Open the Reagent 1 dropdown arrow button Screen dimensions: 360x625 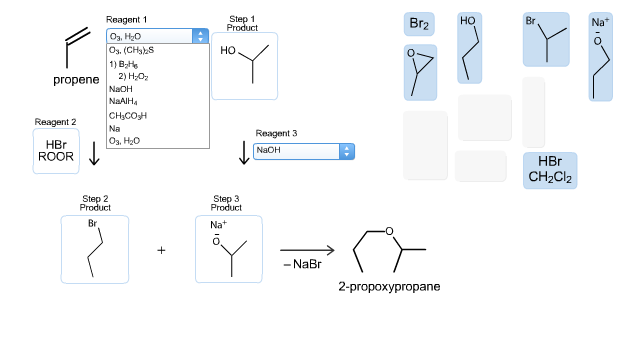[200, 36]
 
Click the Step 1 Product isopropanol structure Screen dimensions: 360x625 [244, 62]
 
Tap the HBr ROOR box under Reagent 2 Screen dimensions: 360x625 [56, 150]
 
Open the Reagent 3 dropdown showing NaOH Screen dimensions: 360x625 [304, 150]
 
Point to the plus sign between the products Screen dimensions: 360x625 [161, 250]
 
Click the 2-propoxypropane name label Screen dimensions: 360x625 [389, 286]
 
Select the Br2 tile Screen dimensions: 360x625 [420, 24]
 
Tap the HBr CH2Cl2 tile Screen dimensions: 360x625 [550, 170]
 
